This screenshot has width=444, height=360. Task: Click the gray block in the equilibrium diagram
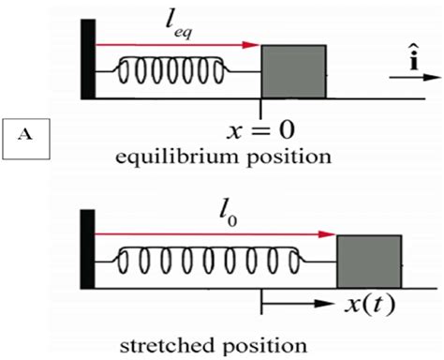(x=293, y=71)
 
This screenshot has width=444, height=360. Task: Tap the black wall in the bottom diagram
(x=87, y=247)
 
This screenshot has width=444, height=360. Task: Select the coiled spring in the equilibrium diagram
(x=170, y=70)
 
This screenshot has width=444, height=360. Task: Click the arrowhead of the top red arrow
(x=252, y=43)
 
